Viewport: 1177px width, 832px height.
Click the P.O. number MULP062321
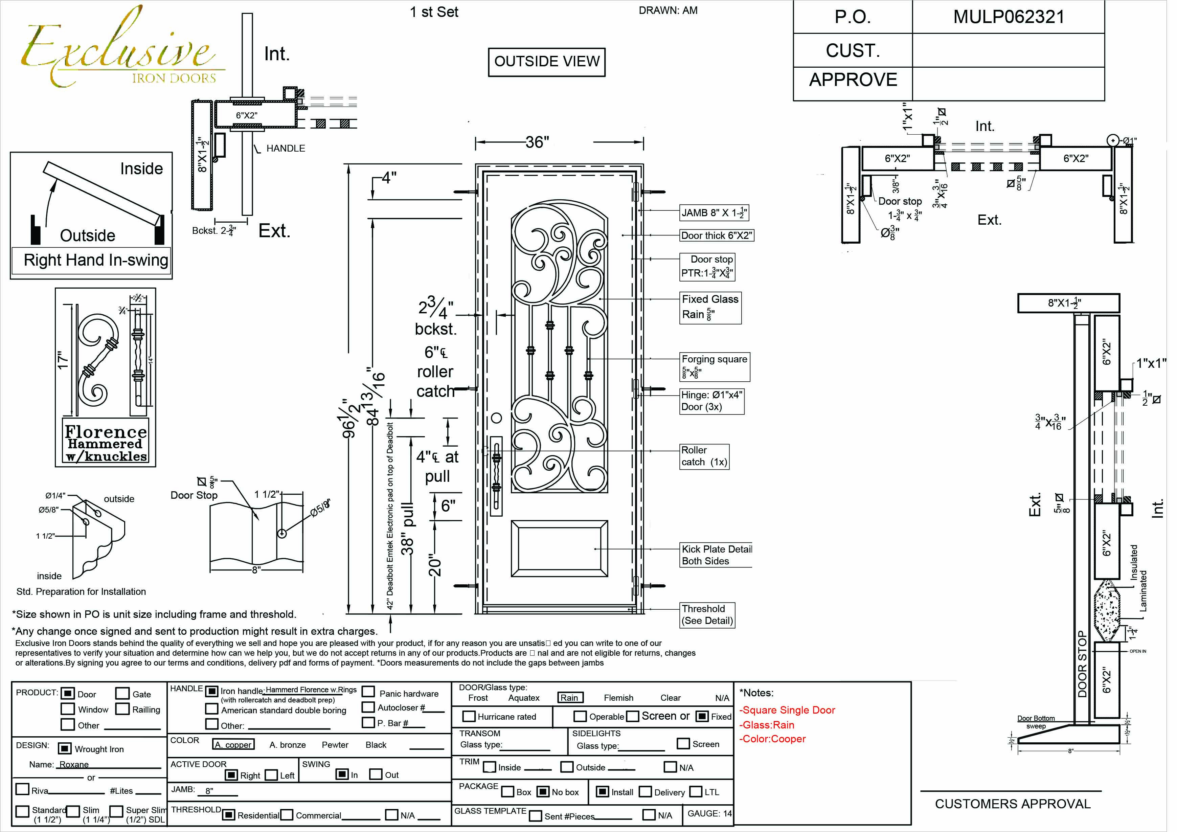1008,17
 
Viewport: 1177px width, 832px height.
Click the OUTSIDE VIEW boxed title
546,62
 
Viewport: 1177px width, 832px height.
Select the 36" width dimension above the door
537,142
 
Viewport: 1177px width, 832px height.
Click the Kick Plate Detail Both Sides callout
716,555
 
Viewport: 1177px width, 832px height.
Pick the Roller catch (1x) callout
704,456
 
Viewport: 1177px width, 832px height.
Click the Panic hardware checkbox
368,692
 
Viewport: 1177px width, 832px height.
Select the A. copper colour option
233,744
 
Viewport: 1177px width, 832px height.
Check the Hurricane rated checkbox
469,716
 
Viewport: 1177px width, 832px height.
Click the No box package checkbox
543,791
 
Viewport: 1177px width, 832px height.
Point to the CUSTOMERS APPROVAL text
1013,804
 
